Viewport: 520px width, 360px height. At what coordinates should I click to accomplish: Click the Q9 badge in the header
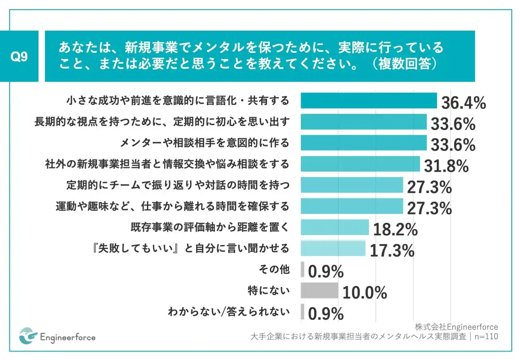19,57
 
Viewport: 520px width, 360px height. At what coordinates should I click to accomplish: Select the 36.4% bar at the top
368,101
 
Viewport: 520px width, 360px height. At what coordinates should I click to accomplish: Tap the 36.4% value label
464,103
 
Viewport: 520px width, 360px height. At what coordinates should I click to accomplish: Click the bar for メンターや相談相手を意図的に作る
363,143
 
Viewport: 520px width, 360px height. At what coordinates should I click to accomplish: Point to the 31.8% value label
446,166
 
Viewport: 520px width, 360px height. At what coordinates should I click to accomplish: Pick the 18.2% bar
334,227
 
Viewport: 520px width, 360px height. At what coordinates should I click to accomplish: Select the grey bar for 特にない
319,291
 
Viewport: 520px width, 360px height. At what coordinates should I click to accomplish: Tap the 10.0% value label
364,293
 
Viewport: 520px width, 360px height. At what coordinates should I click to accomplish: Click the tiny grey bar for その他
302,269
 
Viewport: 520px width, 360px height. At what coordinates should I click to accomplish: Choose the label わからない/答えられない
229,312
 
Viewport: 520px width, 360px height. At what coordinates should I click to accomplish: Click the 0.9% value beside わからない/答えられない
326,314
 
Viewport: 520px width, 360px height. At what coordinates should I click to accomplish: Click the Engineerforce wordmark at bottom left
68,337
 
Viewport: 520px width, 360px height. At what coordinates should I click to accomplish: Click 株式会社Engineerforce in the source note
456,327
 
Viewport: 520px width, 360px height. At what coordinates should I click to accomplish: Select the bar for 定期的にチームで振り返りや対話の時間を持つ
351,185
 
